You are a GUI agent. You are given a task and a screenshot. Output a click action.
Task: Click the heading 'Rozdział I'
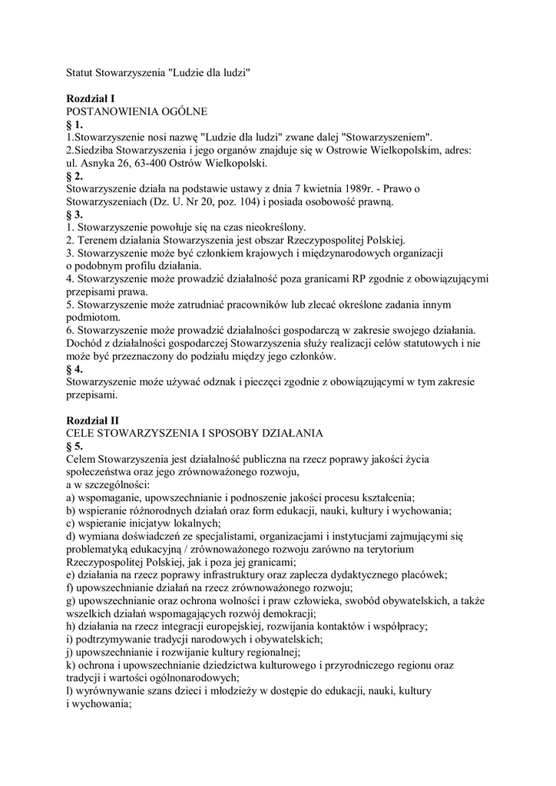91,99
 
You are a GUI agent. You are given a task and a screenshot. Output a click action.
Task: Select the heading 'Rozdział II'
92,421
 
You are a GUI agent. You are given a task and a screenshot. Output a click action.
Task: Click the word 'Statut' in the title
78,73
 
